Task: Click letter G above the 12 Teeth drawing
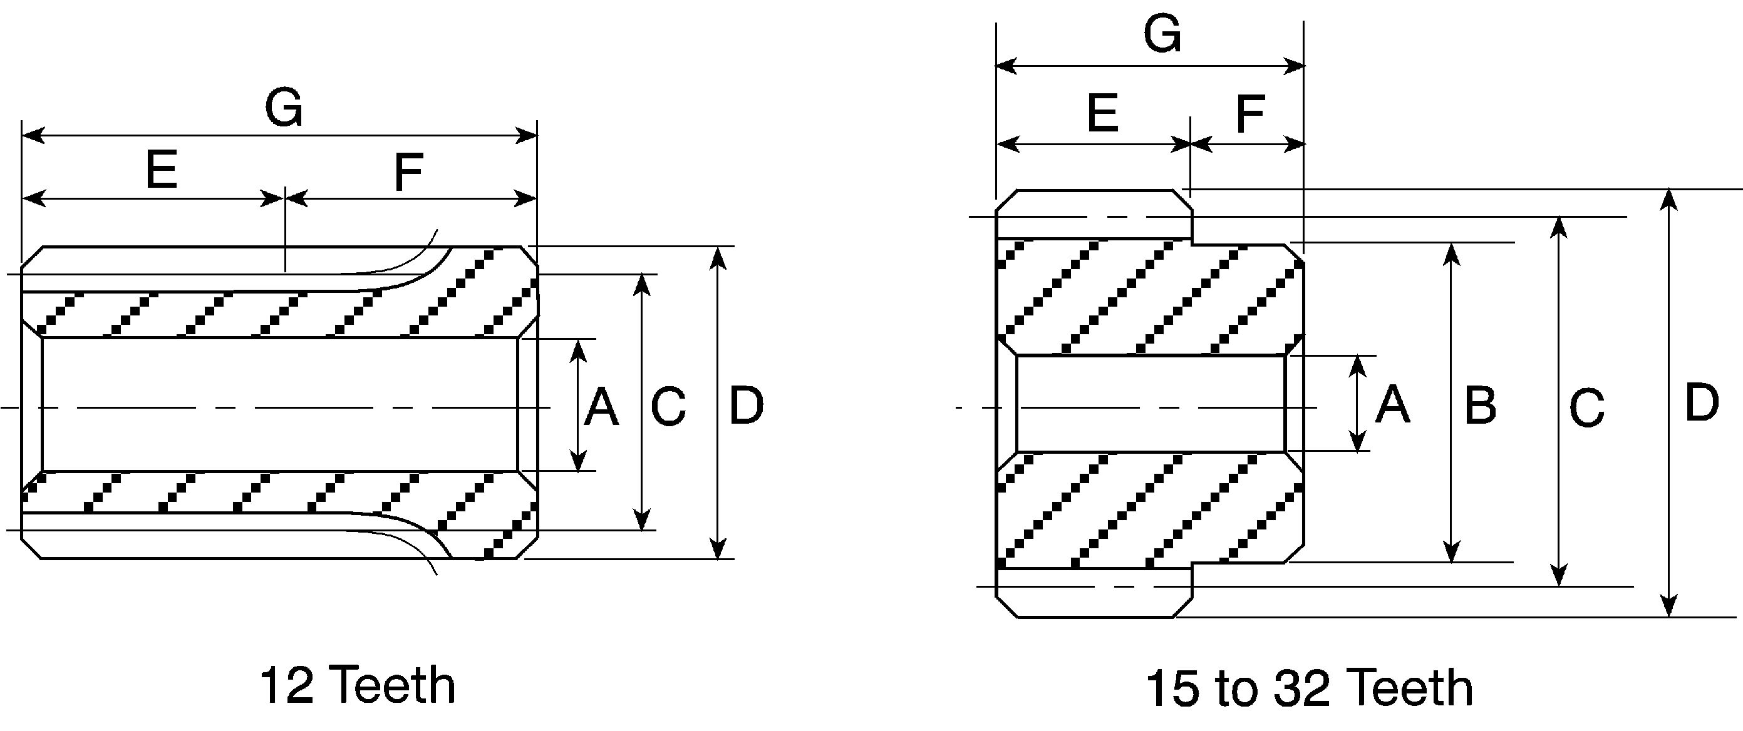coord(284,109)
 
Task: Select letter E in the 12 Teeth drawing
coord(162,170)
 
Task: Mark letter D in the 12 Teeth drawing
coord(747,406)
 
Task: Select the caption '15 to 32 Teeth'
coord(1309,688)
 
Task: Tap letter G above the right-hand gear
coord(1162,34)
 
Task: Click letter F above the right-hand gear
coord(1250,115)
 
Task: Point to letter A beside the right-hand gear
coord(1393,404)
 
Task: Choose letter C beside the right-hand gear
coord(1586,408)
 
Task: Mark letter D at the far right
coord(1702,403)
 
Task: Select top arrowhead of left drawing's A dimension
coord(578,350)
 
